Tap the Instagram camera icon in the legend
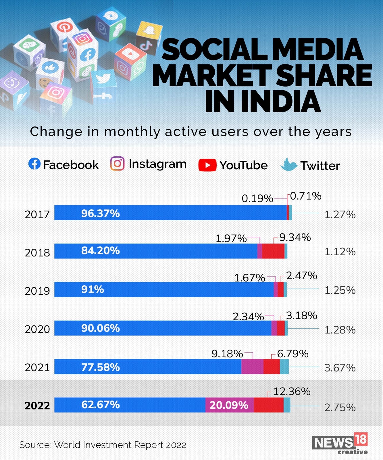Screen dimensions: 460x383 (117, 164)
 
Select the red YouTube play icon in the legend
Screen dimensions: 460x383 (207, 165)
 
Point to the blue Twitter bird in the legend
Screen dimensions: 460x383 (289, 165)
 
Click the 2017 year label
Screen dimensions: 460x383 (37, 214)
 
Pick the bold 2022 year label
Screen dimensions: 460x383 (37, 406)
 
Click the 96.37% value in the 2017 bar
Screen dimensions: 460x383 (100, 213)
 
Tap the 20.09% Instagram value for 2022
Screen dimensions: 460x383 (229, 405)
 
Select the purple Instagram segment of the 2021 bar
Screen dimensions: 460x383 (252, 367)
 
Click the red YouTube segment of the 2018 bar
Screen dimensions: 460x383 (273, 251)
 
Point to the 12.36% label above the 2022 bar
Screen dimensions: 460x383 (292, 392)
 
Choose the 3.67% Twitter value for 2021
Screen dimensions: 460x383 (340, 368)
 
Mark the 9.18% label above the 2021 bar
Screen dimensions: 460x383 (227, 354)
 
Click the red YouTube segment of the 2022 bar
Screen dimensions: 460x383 (269, 405)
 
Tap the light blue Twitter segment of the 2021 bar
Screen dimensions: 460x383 (284, 367)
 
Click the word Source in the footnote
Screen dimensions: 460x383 (35, 445)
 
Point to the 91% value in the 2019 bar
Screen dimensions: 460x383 (93, 289)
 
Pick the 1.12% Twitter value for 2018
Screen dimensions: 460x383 (340, 252)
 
